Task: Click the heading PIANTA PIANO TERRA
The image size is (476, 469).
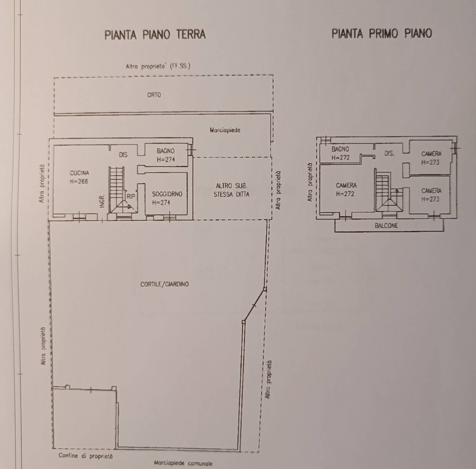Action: point(155,35)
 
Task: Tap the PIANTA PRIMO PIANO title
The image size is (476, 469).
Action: point(382,33)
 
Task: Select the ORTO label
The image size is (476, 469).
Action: point(154,95)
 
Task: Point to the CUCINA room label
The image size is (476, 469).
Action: point(79,173)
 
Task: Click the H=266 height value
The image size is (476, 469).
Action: point(79,182)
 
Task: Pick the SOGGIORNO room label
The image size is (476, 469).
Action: point(167,194)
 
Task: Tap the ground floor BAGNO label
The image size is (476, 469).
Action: point(166,151)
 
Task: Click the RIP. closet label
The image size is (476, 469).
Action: point(131,197)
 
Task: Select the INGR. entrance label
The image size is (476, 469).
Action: point(102,201)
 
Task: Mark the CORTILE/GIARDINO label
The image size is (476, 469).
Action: point(165,284)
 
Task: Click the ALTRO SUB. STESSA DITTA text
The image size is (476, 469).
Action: point(231,190)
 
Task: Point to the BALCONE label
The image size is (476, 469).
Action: point(386,226)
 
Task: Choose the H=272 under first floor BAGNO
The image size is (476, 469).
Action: point(340,158)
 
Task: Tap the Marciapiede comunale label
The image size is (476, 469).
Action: point(183,463)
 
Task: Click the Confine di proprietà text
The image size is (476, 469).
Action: point(85,456)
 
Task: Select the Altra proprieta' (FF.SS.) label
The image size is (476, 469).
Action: point(158,66)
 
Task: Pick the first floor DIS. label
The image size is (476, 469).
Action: point(389,153)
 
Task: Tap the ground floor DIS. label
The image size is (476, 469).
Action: point(124,155)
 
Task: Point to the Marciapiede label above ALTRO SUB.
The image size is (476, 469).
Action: point(225,130)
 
